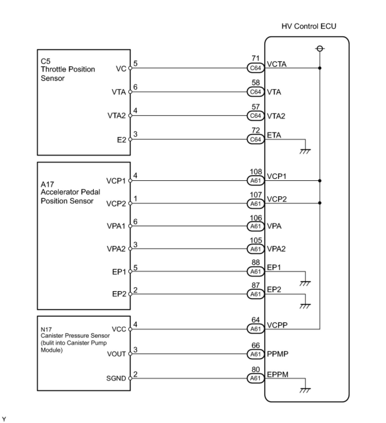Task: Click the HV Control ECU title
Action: (308, 26)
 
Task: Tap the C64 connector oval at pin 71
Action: (256, 68)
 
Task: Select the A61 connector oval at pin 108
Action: (256, 181)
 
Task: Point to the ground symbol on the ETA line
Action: (305, 151)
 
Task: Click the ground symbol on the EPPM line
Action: (305, 390)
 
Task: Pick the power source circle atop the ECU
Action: (320, 48)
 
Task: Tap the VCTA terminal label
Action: (277, 64)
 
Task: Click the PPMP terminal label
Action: (278, 354)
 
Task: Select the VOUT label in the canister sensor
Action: (116, 354)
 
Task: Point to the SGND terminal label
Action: (116, 378)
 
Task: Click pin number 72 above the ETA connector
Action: (256, 130)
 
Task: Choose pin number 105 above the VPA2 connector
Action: (256, 240)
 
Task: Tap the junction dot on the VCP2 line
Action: (320, 203)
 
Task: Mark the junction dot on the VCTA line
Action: (320, 68)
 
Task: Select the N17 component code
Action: (46, 329)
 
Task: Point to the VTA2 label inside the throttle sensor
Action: (116, 116)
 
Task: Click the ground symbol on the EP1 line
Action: (305, 283)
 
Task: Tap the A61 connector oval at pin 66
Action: (256, 354)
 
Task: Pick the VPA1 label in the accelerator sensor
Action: (116, 226)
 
